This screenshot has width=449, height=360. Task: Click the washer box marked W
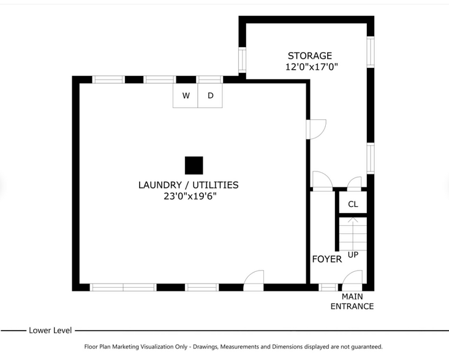[x=186, y=96]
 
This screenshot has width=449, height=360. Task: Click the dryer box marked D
[x=210, y=96]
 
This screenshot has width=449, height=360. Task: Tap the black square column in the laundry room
[x=194, y=165]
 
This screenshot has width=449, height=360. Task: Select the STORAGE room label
[x=310, y=56]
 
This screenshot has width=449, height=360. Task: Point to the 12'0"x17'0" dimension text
[x=312, y=67]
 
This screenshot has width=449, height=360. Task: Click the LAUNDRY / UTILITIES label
[x=188, y=185]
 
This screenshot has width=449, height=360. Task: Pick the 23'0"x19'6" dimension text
[x=190, y=196]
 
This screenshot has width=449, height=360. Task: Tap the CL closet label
[x=353, y=204]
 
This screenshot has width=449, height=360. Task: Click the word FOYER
[x=326, y=259]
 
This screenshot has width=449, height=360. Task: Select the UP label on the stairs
[x=353, y=254]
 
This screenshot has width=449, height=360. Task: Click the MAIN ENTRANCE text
[x=352, y=302]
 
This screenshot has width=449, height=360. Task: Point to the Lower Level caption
[x=50, y=331]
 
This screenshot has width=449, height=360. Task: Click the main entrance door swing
[x=352, y=280]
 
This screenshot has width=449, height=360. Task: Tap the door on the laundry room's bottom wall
[x=254, y=279]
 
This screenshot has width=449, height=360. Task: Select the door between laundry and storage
[x=317, y=129]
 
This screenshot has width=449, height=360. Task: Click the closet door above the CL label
[x=354, y=182]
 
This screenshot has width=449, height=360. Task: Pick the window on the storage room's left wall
[x=242, y=59]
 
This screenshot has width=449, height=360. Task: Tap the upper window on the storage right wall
[x=370, y=51]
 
